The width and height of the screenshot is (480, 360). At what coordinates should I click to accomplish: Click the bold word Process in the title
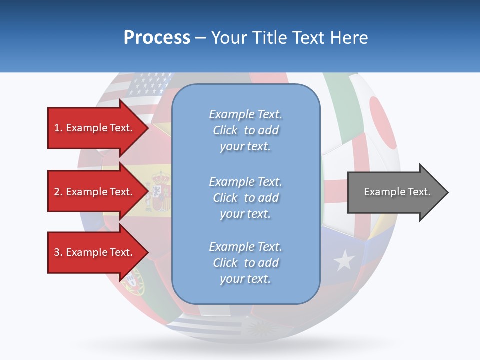157,38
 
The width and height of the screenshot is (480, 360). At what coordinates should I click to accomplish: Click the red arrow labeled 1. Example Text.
95,128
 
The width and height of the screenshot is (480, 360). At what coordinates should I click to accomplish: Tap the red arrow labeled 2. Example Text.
95,192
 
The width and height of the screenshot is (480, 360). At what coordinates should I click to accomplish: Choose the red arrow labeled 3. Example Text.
95,252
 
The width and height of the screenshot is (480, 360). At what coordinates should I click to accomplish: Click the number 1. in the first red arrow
58,128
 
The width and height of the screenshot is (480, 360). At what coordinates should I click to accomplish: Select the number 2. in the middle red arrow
58,192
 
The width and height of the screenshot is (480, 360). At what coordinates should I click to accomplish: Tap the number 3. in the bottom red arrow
58,252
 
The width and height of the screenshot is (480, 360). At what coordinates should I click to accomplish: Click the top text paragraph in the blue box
245,130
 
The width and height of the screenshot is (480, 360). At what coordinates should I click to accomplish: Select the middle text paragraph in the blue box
245,198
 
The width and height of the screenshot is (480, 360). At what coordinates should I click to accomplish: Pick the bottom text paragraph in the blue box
245,263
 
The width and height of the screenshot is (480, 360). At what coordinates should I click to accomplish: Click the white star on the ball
344,260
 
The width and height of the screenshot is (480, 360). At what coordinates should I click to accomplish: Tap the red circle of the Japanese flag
382,122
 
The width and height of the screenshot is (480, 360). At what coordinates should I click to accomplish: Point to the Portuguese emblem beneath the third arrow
133,282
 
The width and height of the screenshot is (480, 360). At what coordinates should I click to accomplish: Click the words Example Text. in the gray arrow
397,192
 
